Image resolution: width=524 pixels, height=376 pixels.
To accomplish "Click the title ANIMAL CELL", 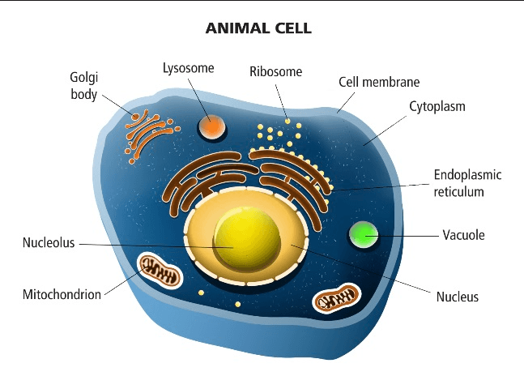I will click(260, 28).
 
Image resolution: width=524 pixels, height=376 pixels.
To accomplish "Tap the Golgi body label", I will click(83, 87).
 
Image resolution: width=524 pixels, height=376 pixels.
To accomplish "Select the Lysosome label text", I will click(188, 68).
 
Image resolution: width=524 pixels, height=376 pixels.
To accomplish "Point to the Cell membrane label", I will click(378, 82).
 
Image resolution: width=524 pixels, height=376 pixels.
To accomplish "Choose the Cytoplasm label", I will click(437, 106).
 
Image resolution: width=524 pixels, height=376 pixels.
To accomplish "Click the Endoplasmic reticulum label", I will click(468, 183).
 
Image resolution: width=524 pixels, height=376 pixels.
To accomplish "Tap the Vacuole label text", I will click(463, 235).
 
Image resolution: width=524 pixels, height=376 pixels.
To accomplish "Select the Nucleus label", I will click(457, 297).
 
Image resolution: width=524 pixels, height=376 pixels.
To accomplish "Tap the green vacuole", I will click(364, 235).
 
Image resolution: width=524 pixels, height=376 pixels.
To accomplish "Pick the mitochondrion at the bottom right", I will click(335, 300).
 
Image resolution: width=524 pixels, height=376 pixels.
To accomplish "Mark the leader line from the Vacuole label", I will click(405, 235).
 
